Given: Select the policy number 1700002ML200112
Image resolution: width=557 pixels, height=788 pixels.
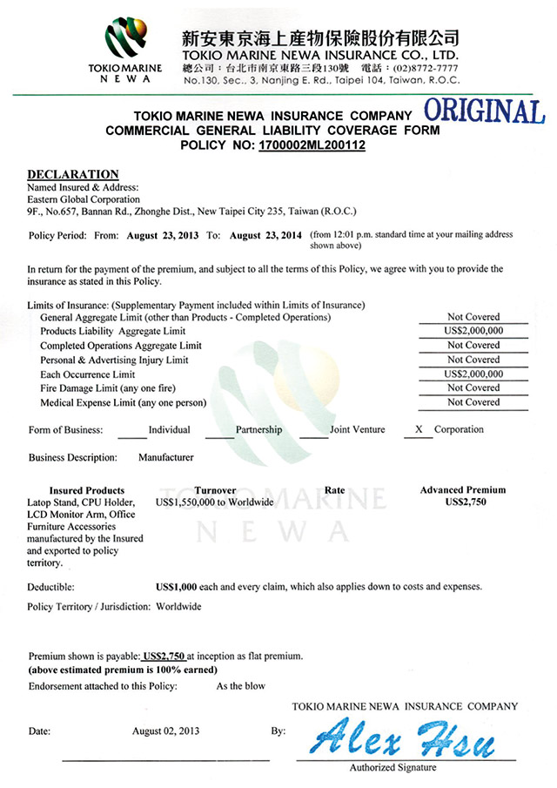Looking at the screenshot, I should point(312,145).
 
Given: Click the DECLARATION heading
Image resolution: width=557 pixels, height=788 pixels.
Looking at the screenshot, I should point(73,174).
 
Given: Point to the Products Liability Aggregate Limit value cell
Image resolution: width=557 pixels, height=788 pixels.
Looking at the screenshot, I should point(473,331).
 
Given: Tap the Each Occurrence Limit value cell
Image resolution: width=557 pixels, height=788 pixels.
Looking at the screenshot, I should point(473,374).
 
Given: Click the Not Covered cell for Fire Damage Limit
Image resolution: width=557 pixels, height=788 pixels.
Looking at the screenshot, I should point(473,387).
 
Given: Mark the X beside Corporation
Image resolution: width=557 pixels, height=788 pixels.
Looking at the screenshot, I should point(419,429).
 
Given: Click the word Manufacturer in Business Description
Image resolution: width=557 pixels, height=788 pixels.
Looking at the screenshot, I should point(166,457).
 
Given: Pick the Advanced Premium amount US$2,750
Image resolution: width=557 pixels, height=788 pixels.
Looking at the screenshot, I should point(463,502).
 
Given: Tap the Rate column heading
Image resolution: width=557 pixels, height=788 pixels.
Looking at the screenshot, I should point(334,490).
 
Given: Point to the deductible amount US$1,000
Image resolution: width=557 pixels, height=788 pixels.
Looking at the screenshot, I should point(177,587).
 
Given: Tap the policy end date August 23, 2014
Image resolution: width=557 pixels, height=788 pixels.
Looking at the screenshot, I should point(266,235).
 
